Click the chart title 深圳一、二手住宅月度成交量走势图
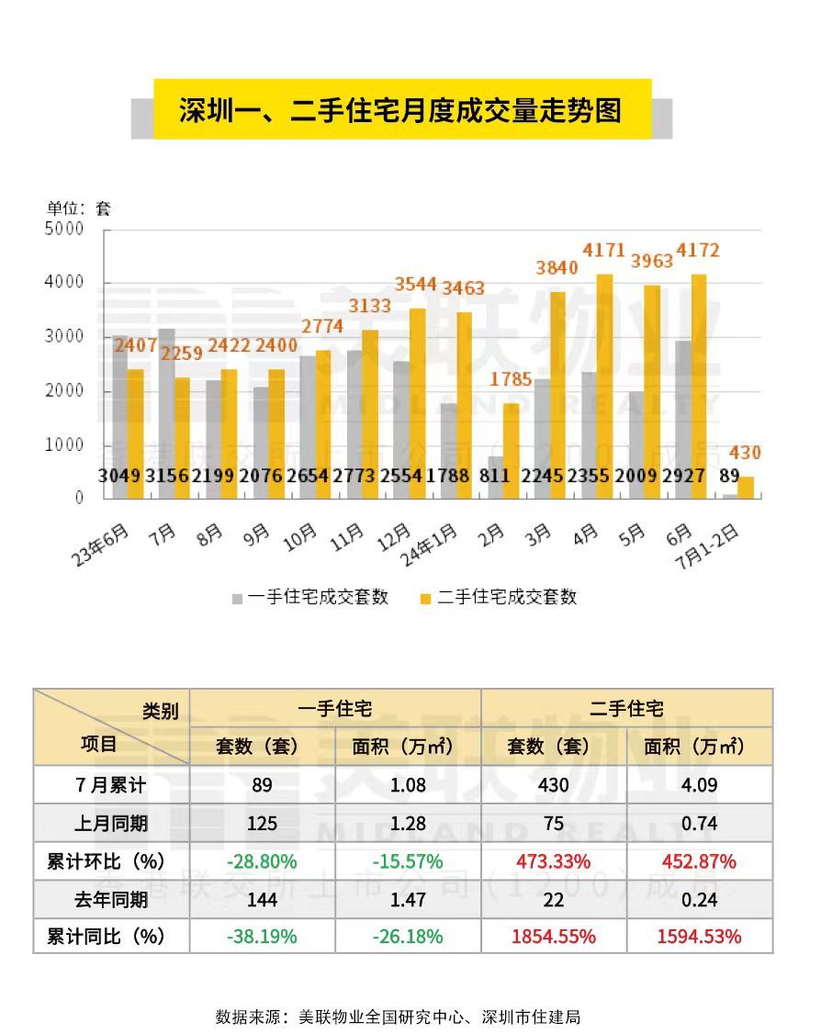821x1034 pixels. point(400,110)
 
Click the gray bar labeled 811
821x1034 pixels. point(495,478)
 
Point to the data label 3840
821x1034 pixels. point(557,268)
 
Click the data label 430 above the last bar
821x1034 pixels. point(745,453)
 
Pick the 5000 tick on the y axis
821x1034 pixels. point(64,229)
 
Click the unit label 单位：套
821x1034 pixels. point(79,208)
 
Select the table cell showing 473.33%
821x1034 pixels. point(553,861)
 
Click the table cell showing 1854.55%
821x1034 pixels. point(553,937)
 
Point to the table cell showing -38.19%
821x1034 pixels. point(262,937)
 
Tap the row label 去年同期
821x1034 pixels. point(110,899)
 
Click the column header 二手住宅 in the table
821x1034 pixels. point(626,708)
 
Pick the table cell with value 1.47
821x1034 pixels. point(407,899)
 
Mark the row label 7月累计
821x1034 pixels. point(110,785)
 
